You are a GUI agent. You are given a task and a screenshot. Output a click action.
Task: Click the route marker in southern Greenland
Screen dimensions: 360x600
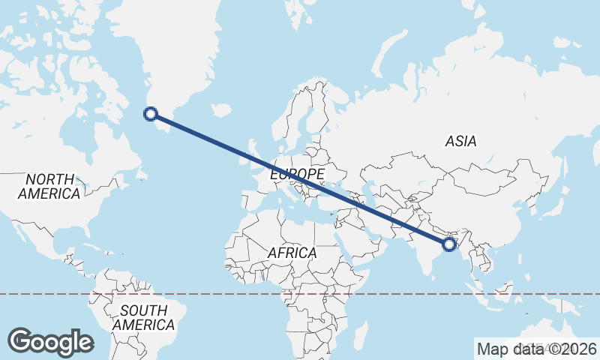151,114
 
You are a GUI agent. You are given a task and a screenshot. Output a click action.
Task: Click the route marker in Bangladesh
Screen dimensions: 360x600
449,244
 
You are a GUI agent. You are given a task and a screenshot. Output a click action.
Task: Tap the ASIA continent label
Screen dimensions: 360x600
460,141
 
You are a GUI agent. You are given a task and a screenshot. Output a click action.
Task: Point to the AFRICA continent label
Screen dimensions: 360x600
292,253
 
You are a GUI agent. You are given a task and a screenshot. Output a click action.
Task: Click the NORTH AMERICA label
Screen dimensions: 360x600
49,187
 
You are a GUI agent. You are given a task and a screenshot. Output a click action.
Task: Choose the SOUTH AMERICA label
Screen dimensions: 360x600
143,318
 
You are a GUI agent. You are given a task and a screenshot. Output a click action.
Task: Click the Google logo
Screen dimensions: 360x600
50,342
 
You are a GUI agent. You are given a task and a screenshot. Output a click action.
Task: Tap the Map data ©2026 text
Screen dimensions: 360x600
536,349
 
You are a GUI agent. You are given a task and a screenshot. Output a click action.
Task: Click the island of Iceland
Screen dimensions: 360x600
220,110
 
